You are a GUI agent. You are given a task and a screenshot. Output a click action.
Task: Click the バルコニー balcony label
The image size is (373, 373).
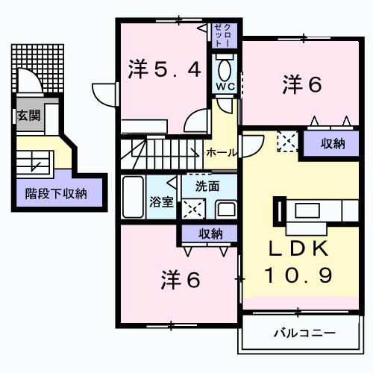pos(304,332)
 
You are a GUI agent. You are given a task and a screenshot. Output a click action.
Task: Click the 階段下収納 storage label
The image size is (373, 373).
pos(56,193)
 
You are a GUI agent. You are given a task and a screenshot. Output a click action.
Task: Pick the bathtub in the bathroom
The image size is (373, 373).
pos(133,196)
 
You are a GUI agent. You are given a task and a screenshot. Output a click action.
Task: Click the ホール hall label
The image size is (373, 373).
pos(222,152)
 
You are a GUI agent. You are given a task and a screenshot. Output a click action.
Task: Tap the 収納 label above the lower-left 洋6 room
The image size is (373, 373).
pos(210,233)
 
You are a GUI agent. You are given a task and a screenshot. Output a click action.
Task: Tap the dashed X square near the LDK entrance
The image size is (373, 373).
pos(286,142)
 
